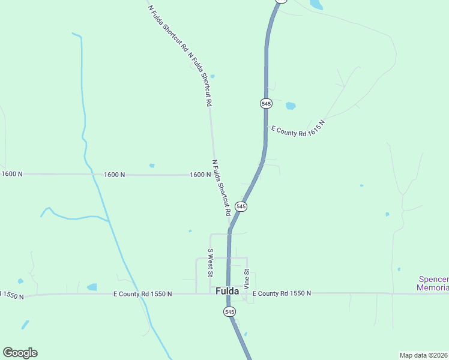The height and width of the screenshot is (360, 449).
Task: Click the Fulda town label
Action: pos(228,292)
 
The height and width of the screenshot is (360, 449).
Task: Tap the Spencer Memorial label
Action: pos(433,284)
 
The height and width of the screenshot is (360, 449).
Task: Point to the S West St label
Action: pos(210,263)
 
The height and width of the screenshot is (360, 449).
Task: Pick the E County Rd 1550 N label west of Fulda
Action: pos(143,294)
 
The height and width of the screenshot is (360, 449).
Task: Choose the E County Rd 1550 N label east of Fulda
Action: pos(282,293)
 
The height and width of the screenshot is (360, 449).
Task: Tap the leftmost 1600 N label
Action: pos(12,174)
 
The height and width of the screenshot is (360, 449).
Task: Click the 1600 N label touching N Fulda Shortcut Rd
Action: pos(200,175)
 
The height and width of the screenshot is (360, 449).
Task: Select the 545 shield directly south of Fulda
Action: pos(229,311)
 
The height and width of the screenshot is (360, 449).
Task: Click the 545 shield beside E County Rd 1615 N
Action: pos(267,103)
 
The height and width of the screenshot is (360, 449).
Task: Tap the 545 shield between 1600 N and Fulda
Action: pos(241,206)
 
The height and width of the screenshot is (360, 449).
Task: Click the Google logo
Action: pos(20,352)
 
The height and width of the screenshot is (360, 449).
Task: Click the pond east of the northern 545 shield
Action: pos(291,106)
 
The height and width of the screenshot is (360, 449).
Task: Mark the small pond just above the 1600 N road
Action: pos(152,166)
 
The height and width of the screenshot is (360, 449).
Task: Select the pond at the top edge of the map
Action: pos(315,5)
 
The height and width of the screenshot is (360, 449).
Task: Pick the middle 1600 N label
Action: pos(114,175)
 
